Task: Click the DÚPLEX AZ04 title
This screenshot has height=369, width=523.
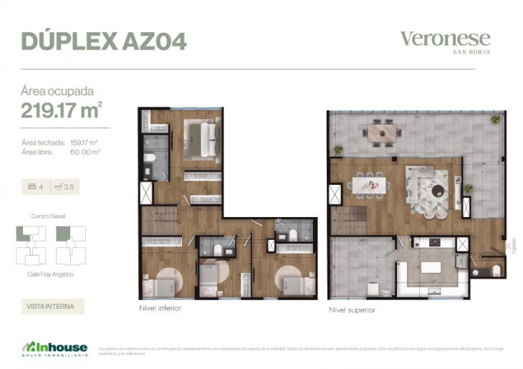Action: pyautogui.click(x=104, y=41)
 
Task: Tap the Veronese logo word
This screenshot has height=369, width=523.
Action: pyautogui.click(x=444, y=39)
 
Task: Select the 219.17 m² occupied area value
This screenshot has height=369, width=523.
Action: pyautogui.click(x=61, y=110)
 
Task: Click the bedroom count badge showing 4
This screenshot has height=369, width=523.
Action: pyautogui.click(x=35, y=188)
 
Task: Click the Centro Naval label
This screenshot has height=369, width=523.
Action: pyautogui.click(x=48, y=216)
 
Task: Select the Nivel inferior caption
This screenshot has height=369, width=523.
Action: pyautogui.click(x=160, y=309)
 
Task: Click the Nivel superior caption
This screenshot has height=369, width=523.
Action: pyautogui.click(x=352, y=310)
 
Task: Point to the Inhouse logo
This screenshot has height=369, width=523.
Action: pyautogui.click(x=54, y=350)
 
